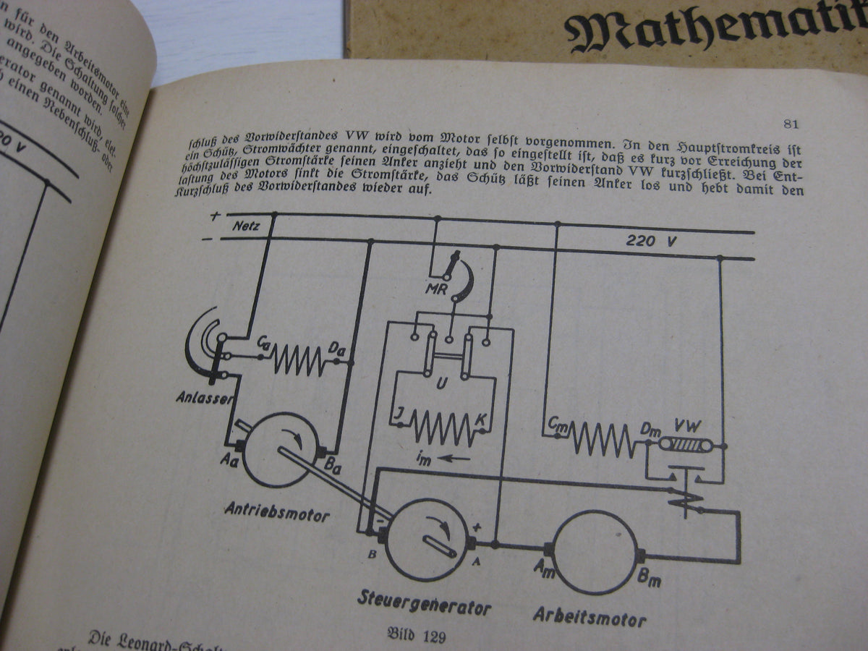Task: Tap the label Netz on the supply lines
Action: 247,226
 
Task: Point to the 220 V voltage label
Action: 651,241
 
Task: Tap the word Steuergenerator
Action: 425,605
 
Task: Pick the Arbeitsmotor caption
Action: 590,616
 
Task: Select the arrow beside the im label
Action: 456,458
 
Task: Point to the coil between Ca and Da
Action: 297,358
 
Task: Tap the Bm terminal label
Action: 650,579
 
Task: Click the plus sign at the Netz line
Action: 215,216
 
